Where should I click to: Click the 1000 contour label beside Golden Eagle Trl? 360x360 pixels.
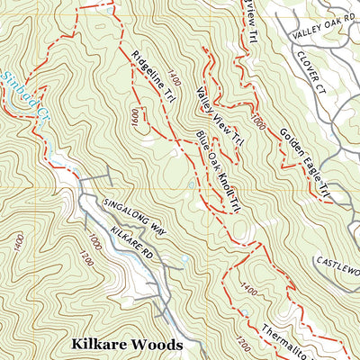pyautogui.click(x=259, y=122)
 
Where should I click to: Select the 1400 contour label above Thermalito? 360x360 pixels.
pyautogui.click(x=248, y=292)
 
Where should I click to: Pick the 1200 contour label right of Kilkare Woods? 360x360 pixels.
pyautogui.click(x=240, y=343)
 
